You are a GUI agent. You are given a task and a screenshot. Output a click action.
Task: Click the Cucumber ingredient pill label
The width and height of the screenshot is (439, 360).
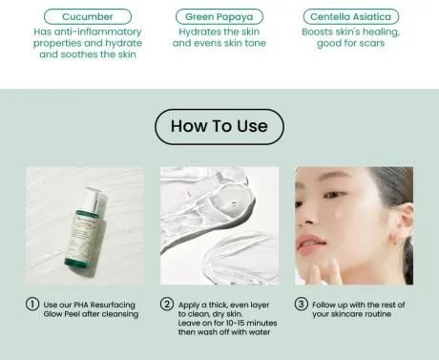tap(87, 17)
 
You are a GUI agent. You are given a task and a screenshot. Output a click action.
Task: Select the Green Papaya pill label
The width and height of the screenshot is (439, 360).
tap(219, 17)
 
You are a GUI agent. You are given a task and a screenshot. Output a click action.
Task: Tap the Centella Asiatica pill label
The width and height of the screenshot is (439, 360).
tap(350, 17)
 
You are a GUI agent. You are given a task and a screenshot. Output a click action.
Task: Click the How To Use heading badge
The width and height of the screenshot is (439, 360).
tap(219, 126)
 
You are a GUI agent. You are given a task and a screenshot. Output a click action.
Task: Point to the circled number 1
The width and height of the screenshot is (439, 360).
tap(32, 304)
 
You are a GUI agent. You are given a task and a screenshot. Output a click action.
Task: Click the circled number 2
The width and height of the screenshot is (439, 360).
tap(167, 304)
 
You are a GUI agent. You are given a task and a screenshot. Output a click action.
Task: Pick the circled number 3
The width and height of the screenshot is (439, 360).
tap(301, 304)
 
